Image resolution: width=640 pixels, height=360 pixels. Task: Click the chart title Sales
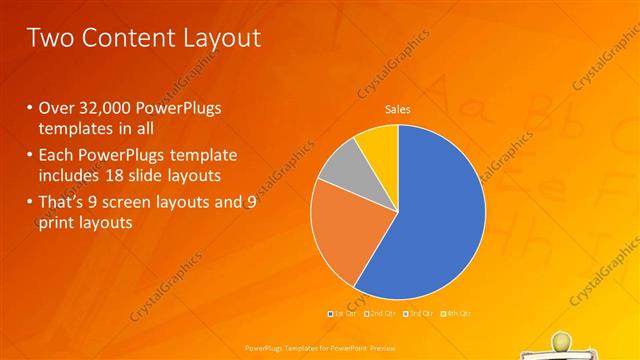(x=398, y=109)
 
